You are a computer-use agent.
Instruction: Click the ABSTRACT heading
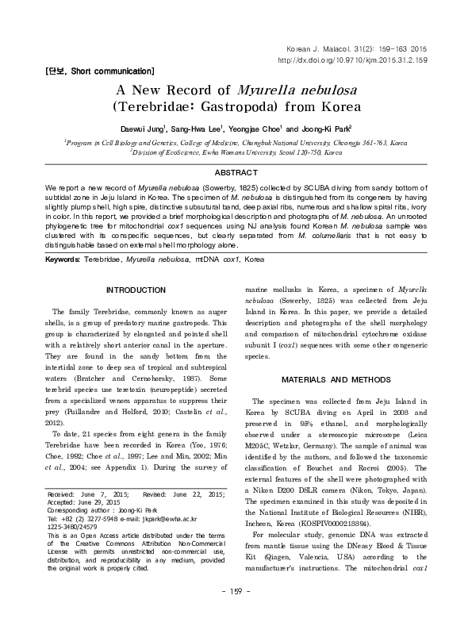pyautogui.click(x=236, y=172)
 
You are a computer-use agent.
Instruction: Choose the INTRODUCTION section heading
pyautogui.click(x=140, y=290)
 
